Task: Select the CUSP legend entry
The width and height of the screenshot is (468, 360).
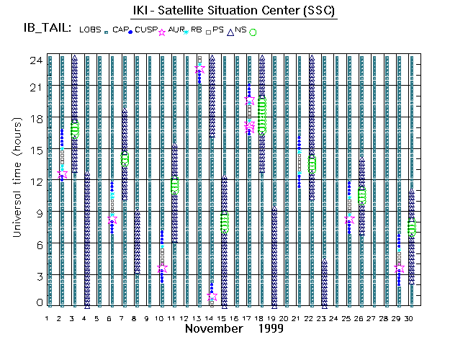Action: click(x=146, y=30)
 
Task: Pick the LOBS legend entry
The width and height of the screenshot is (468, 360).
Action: click(x=91, y=30)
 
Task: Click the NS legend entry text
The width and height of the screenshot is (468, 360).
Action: click(x=240, y=30)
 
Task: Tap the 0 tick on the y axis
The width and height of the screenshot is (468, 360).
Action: click(x=39, y=302)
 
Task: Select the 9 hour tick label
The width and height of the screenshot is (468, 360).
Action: click(x=39, y=212)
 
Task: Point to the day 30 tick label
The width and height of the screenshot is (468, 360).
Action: click(x=409, y=318)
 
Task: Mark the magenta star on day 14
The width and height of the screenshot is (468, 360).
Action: click(x=212, y=296)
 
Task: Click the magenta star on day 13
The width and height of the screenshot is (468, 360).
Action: click(x=199, y=69)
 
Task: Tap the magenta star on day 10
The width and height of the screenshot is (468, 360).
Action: click(x=162, y=268)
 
